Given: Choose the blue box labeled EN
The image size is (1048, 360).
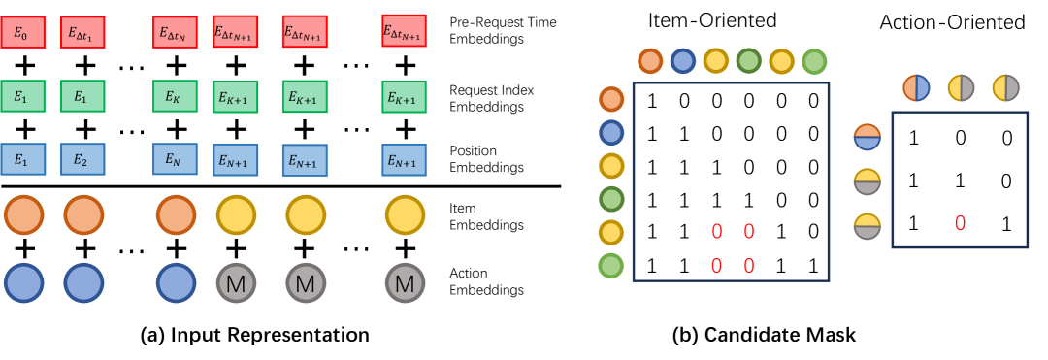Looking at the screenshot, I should (x=176, y=159).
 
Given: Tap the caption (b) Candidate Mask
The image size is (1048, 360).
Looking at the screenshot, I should (x=764, y=335).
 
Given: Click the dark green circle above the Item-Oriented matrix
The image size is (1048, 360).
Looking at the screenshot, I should (x=749, y=62).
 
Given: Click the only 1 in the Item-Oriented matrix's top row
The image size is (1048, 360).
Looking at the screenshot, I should (x=653, y=100).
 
